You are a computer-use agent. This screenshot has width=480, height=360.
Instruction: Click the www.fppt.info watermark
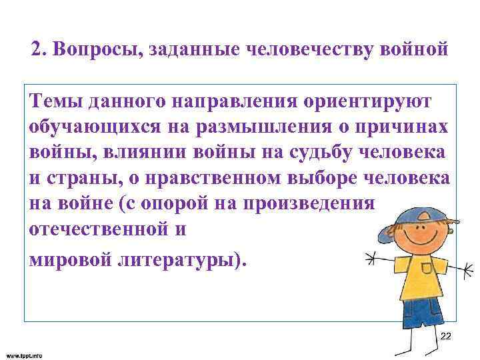[23, 355]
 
